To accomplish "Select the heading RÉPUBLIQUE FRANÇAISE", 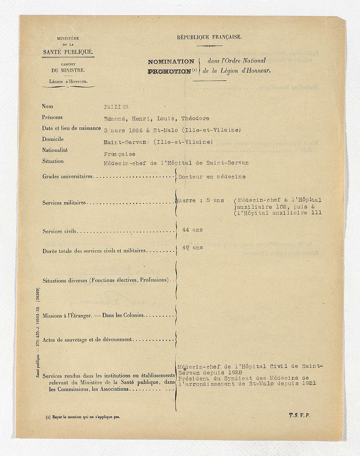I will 209,37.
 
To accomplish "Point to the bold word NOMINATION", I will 171,61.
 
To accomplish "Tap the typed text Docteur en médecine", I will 212,177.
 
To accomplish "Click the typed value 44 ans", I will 192,230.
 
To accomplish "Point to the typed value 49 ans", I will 192,247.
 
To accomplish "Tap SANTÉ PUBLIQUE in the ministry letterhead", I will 68,52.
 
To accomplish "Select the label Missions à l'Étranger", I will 71,315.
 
